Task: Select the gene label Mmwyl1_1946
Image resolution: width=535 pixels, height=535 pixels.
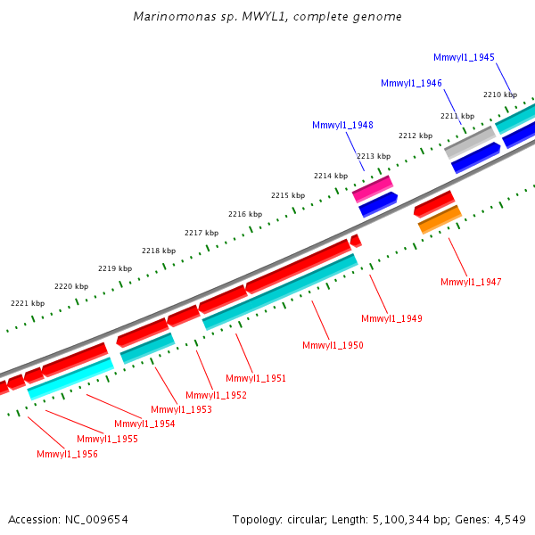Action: [411, 83]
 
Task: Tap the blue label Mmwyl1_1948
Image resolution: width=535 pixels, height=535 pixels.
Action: [342, 125]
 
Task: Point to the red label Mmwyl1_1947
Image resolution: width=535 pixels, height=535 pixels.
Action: [471, 282]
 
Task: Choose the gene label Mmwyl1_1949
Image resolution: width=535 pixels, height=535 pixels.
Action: [391, 318]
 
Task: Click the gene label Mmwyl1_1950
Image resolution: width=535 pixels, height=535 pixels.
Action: [333, 345]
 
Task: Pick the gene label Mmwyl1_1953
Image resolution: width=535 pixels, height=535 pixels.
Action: [181, 409]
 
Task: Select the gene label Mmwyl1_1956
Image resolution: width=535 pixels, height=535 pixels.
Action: [67, 454]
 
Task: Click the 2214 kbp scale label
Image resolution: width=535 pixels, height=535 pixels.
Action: [331, 176]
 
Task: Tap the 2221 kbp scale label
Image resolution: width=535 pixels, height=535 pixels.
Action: [28, 303]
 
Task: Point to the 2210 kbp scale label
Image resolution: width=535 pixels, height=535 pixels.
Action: [500, 95]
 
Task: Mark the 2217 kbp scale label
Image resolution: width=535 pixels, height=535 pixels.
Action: [202, 233]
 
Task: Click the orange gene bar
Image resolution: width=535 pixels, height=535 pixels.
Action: [440, 219]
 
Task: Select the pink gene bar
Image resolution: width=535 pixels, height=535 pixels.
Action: [373, 188]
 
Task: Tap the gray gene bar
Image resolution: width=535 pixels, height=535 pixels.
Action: [470, 142]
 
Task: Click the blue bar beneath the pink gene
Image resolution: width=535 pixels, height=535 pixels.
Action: [378, 204]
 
